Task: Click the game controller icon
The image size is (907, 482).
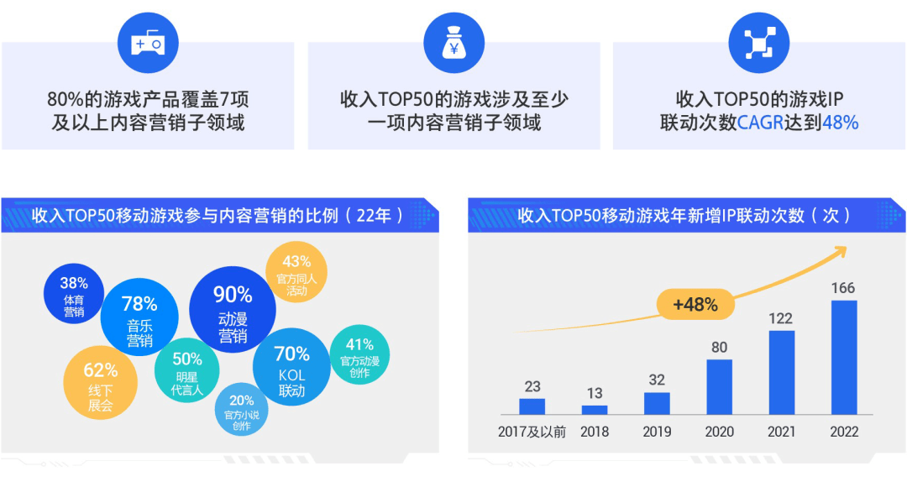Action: [148, 43]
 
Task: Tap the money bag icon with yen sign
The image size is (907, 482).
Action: [453, 43]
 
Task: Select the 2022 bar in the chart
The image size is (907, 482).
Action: [843, 358]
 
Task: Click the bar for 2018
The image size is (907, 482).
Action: [595, 410]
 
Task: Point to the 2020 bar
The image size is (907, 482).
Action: [719, 387]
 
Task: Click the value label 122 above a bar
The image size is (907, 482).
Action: [781, 318]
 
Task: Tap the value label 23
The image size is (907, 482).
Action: [532, 386]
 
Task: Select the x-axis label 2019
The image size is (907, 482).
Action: [657, 432]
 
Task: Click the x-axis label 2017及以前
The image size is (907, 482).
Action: [532, 432]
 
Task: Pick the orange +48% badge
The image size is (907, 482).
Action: [695, 305]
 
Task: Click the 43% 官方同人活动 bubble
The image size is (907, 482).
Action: [296, 274]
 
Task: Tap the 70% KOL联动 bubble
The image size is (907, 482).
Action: [291, 367]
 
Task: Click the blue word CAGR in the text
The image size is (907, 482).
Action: [761, 123]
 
